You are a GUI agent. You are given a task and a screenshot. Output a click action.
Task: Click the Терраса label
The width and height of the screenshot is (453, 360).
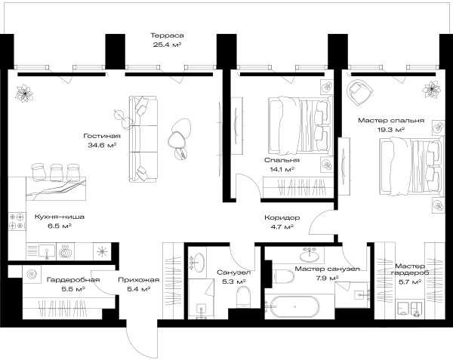pyautogui.click(x=167, y=35)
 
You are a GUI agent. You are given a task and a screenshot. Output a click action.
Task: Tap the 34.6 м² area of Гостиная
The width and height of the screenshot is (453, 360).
pyautogui.click(x=102, y=145)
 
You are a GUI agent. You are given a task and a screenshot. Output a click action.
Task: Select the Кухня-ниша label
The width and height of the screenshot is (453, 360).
pyautogui.click(x=60, y=217)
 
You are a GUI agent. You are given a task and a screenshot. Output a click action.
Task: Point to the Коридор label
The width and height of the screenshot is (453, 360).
pyautogui.click(x=282, y=217)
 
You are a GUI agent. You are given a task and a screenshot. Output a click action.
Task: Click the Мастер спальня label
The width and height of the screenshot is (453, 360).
pyautogui.click(x=391, y=121)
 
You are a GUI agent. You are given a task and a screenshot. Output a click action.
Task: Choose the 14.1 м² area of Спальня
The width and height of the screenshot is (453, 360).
pyautogui.click(x=282, y=169)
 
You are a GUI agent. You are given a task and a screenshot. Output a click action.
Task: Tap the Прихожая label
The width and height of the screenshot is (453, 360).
pyautogui.click(x=139, y=280)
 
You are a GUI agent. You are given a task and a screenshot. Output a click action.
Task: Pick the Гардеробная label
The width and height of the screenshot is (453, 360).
pyautogui.click(x=73, y=280)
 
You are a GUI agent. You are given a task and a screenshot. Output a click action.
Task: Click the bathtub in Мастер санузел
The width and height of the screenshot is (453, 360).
pyautogui.click(x=292, y=307)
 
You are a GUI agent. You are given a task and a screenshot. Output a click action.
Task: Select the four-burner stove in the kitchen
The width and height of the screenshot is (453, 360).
pyautogui.click(x=17, y=221)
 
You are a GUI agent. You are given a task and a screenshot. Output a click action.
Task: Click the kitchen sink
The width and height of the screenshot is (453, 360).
pyautogui.click(x=46, y=251)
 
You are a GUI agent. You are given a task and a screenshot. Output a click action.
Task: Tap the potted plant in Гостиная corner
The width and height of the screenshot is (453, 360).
pyautogui.click(x=25, y=94)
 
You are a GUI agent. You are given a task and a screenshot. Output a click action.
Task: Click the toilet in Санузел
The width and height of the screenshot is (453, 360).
pyautogui.click(x=243, y=297)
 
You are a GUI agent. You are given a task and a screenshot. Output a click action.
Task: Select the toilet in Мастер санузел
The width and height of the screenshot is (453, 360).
pyautogui.click(x=283, y=276)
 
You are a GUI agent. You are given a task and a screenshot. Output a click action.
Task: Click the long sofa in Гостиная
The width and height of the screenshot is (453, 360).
pyautogui.click(x=143, y=139)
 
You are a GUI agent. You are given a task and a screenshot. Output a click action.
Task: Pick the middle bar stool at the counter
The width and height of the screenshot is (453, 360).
pyautogui.click(x=57, y=173)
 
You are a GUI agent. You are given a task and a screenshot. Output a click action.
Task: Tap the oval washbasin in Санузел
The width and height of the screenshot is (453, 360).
pyautogui.click(x=199, y=263)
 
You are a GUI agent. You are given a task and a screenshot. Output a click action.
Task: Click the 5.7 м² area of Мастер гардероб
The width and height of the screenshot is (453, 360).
pyautogui.click(x=410, y=282)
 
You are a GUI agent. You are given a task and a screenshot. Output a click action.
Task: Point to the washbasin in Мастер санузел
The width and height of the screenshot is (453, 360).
pyautogui.click(x=310, y=254)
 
